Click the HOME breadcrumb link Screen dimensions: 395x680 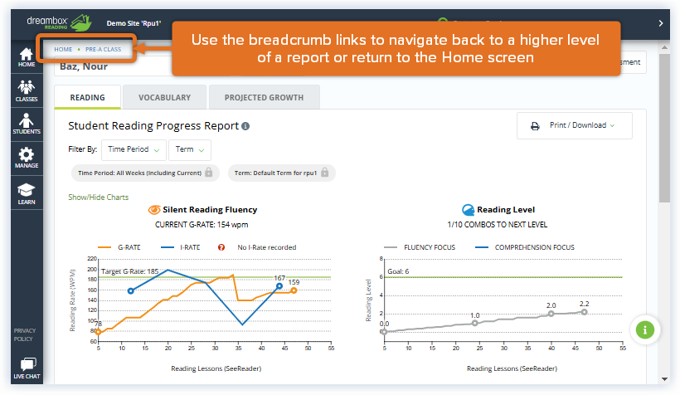[63, 50]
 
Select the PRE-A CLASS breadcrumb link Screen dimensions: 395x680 [103, 50]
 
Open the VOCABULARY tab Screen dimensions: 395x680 [164, 98]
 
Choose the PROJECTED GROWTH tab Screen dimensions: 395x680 [264, 98]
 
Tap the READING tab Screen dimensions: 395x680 [87, 98]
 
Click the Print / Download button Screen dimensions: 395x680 [574, 125]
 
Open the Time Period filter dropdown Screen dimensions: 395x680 [133, 150]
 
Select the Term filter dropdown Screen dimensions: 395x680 [190, 150]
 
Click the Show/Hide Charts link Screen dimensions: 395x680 [98, 197]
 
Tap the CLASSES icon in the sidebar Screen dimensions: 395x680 [27, 90]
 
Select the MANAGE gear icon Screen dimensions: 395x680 [27, 158]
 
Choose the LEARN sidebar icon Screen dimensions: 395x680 [27, 193]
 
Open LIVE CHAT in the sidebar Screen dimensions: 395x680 [27, 368]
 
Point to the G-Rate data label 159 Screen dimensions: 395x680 [294, 283]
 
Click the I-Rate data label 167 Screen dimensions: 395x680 [279, 278]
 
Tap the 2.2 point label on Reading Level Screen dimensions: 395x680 [585, 304]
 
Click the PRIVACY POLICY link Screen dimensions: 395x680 [24, 334]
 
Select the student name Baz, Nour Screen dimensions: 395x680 [82, 66]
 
